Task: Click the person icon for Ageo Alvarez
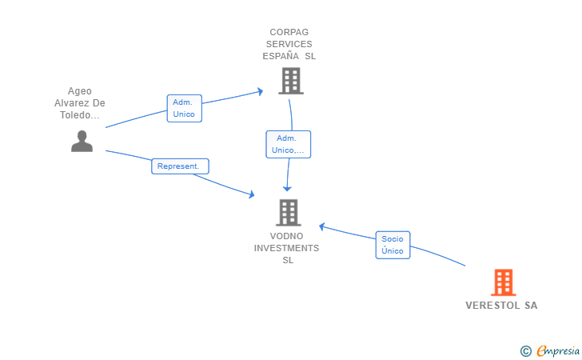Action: (x=82, y=141)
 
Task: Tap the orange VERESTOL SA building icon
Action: (x=504, y=282)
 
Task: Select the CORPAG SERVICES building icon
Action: (x=291, y=81)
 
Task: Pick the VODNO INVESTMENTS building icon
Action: (x=289, y=213)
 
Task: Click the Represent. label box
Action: (x=180, y=166)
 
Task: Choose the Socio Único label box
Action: (x=393, y=245)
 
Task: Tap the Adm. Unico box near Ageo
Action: (x=184, y=108)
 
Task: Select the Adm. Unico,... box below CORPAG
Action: (x=288, y=144)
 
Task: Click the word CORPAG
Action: (x=289, y=32)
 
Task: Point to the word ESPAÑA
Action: (x=281, y=56)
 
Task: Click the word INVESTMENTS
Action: (x=286, y=248)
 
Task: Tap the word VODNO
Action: (x=286, y=236)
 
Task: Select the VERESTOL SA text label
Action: (x=501, y=306)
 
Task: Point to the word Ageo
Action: (x=79, y=91)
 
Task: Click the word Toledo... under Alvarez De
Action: (x=80, y=115)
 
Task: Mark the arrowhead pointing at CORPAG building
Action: (x=260, y=91)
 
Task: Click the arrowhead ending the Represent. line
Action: (x=251, y=194)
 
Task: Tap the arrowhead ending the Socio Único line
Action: (x=322, y=226)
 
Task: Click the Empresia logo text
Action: (x=558, y=350)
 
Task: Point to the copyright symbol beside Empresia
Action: (x=525, y=351)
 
